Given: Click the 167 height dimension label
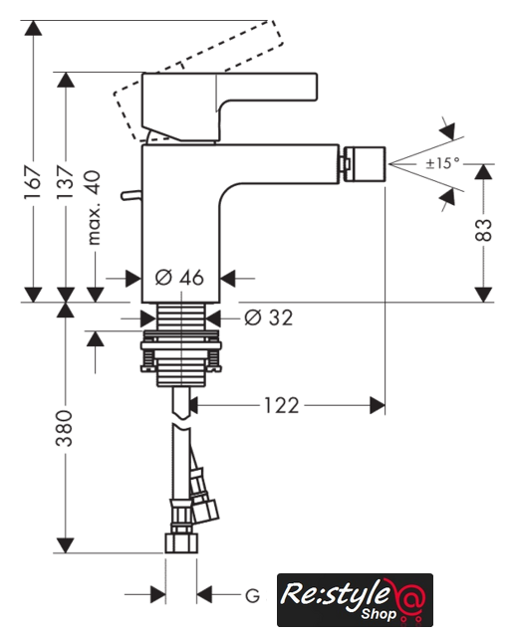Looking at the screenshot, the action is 33,181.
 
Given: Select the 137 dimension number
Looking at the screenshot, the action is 66,181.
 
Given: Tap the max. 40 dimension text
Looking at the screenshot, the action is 94,208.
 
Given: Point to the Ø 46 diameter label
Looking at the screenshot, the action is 179,278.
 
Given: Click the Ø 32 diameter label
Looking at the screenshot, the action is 268,318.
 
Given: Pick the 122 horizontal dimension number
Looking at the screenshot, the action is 282,405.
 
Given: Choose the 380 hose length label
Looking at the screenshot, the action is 64,429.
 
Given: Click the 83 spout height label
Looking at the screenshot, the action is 483,230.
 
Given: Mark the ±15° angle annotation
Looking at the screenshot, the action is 442,163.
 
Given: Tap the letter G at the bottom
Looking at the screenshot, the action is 252,596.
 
